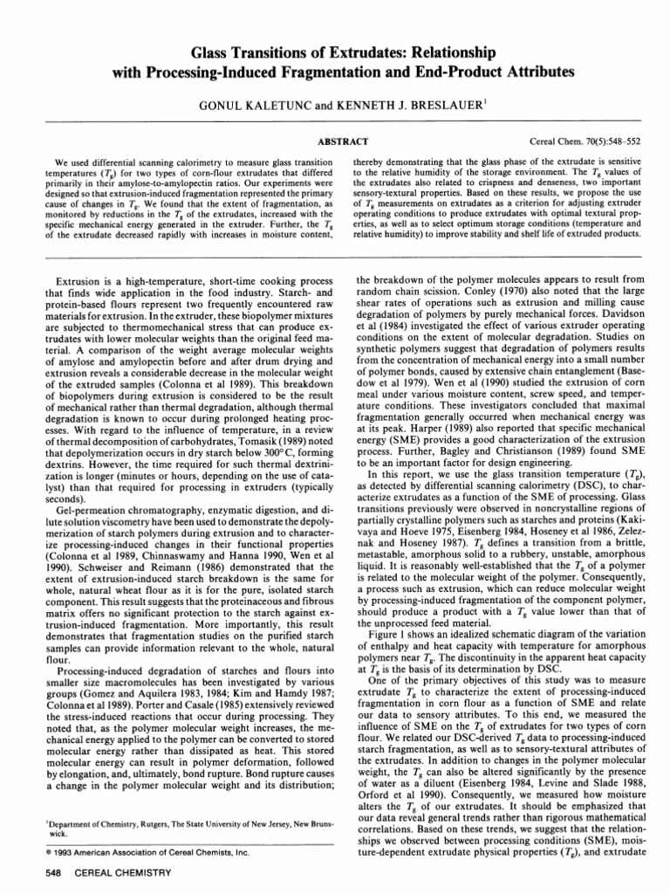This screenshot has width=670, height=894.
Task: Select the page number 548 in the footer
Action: coord(35,876)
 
